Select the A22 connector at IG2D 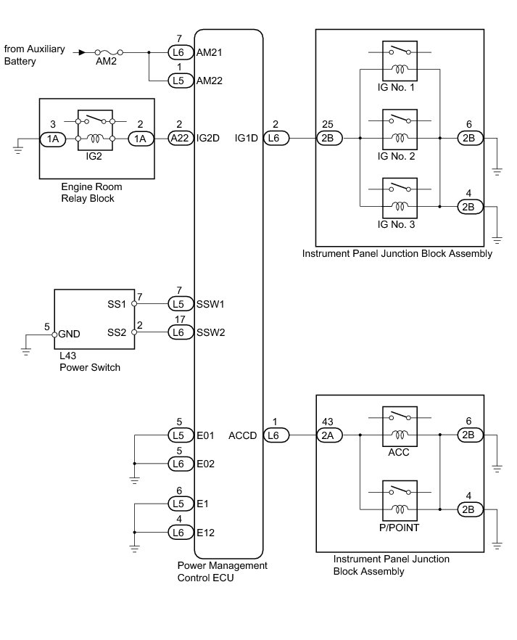click(180, 137)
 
